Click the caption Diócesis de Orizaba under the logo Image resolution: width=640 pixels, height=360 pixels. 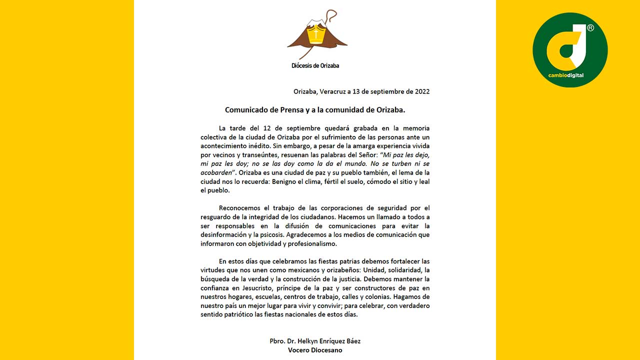click(x=315, y=65)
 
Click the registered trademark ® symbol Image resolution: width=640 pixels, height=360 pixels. click(x=590, y=28)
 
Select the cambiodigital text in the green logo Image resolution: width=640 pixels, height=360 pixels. click(x=566, y=75)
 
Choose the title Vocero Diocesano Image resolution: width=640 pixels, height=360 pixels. click(x=315, y=350)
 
